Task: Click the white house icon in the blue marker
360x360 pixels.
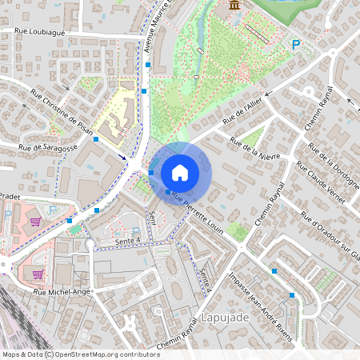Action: [180, 172]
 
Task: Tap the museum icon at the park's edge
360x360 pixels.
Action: [234, 6]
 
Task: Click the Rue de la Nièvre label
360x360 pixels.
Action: [256, 148]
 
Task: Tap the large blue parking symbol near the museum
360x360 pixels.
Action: [296, 46]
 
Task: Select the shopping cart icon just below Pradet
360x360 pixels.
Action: [34, 220]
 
